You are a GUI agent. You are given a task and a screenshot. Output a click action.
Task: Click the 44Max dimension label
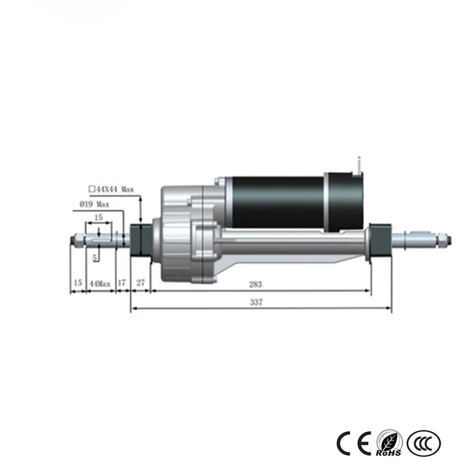100,284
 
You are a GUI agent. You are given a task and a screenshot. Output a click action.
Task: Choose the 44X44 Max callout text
112,189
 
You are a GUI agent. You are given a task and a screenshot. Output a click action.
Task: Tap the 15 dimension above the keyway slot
98,217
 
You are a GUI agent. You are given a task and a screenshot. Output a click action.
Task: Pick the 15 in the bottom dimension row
78,284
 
